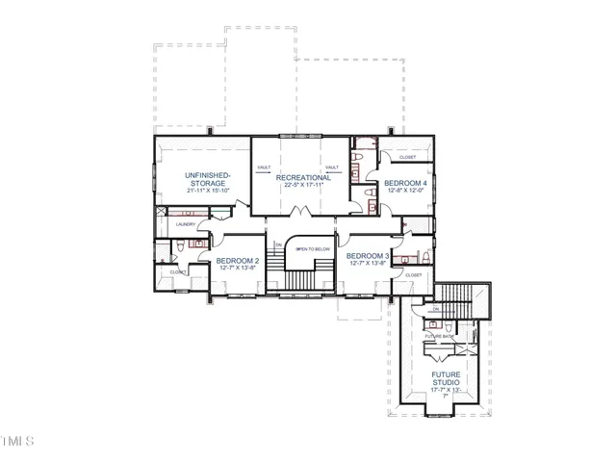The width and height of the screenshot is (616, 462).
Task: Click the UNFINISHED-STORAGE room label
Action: [x=207, y=179]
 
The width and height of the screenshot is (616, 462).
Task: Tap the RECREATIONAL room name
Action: [x=303, y=177]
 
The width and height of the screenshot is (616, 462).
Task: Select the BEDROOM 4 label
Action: [x=404, y=182]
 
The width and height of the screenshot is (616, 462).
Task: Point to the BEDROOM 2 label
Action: [x=237, y=261]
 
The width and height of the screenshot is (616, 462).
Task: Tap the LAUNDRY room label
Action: [x=186, y=225]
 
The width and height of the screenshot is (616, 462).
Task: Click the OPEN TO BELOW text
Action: [x=313, y=248]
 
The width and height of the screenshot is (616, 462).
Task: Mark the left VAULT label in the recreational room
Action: [x=264, y=167]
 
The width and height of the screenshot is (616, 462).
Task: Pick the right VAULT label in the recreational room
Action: [x=332, y=167]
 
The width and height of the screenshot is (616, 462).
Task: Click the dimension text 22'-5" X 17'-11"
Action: [x=303, y=186]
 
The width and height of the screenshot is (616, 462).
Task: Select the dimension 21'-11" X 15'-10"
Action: [x=207, y=191]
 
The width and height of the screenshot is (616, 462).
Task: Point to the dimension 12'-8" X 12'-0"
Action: [x=404, y=191]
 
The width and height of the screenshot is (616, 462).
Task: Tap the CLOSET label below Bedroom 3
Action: [x=414, y=275]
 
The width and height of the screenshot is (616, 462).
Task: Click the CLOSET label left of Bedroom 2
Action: [x=179, y=272]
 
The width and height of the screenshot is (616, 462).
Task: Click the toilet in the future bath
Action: [x=449, y=328]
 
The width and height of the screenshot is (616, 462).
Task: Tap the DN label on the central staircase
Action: [x=278, y=244]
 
